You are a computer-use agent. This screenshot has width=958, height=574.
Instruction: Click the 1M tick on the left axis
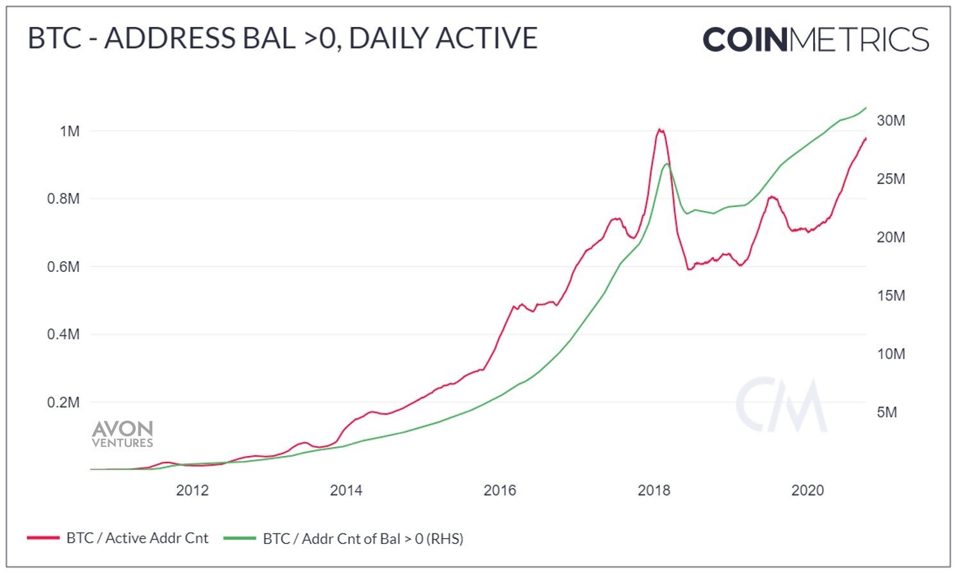[69, 131]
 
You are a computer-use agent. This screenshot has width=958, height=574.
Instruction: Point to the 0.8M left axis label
[63, 199]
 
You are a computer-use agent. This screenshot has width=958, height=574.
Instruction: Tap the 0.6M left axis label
[63, 267]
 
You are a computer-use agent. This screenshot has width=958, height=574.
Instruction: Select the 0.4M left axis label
[63, 334]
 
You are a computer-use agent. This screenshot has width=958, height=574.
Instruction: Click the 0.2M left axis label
[63, 403]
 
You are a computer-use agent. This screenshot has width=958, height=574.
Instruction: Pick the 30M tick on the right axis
[891, 121]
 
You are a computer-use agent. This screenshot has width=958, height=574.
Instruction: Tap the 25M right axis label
[891, 179]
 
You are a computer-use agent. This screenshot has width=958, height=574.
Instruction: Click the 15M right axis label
[891, 296]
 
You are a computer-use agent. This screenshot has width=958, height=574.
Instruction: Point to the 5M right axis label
[887, 412]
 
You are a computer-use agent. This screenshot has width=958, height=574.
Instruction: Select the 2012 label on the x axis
[192, 491]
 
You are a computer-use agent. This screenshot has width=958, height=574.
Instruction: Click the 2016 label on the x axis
[500, 491]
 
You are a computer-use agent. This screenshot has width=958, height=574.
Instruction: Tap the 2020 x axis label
[807, 491]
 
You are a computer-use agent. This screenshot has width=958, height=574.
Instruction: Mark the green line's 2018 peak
[667, 164]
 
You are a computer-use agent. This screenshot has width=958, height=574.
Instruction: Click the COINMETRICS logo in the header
[816, 40]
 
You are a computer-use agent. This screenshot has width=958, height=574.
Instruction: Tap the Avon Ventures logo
[122, 434]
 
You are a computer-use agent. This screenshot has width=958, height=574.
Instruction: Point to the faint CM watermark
[781, 405]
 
